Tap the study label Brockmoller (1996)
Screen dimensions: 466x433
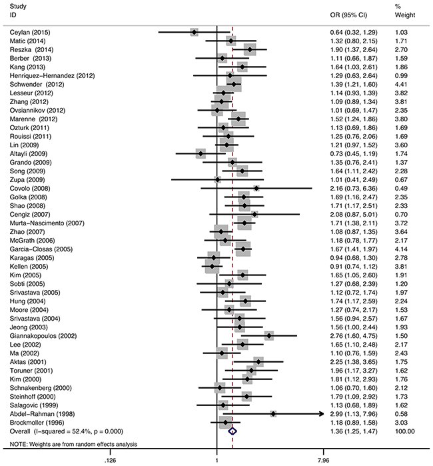click(x=37, y=423)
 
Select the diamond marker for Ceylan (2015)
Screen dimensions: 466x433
click(x=194, y=32)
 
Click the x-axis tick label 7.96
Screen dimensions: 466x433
click(x=322, y=459)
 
